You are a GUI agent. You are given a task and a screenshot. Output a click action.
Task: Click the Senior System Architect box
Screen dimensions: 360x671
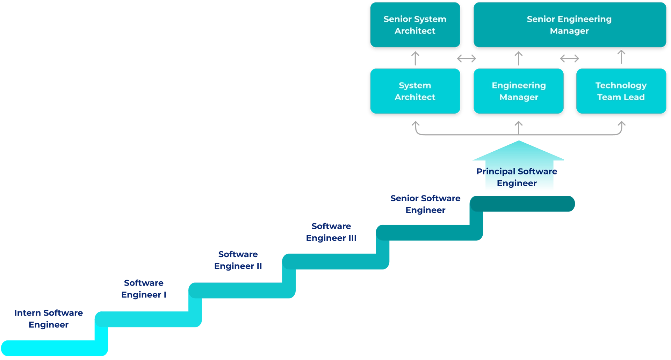pyautogui.click(x=415, y=25)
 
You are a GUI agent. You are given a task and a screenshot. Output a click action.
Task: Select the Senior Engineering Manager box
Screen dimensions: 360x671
pyautogui.click(x=569, y=25)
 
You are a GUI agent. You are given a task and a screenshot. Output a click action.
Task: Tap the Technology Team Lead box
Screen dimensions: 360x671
pyautogui.click(x=621, y=91)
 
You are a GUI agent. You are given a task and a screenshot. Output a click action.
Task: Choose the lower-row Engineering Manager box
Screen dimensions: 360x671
pyautogui.click(x=518, y=91)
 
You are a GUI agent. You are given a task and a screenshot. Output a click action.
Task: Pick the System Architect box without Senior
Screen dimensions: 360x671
pyautogui.click(x=415, y=91)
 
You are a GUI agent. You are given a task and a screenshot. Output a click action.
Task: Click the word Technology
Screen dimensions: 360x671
pyautogui.click(x=621, y=86)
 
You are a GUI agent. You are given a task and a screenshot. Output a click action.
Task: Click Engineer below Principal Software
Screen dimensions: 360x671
pyautogui.click(x=517, y=183)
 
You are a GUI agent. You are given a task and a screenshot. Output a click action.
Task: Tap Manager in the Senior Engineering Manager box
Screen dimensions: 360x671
pyautogui.click(x=569, y=31)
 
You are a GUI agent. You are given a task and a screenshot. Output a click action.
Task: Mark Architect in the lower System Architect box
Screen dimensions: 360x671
pyautogui.click(x=415, y=97)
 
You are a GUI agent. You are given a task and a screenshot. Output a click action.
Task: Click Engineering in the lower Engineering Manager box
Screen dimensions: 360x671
pyautogui.click(x=519, y=86)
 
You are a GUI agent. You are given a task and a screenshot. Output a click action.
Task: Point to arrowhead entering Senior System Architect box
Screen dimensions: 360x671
pyautogui.click(x=415, y=54)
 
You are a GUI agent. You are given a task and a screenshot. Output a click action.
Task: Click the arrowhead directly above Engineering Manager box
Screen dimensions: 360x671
pyautogui.click(x=518, y=54)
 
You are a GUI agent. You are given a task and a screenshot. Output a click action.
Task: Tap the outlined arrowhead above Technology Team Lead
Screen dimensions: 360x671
pyautogui.click(x=621, y=53)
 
